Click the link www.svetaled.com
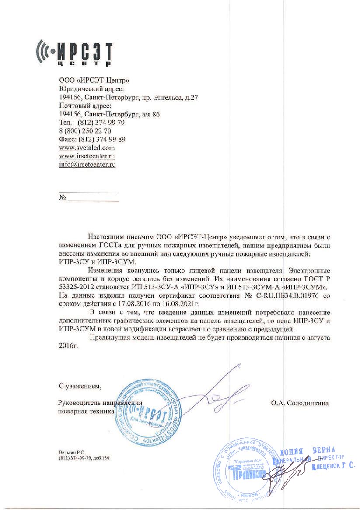(83, 148)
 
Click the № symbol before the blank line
(62, 198)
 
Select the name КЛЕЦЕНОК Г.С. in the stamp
(333, 467)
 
